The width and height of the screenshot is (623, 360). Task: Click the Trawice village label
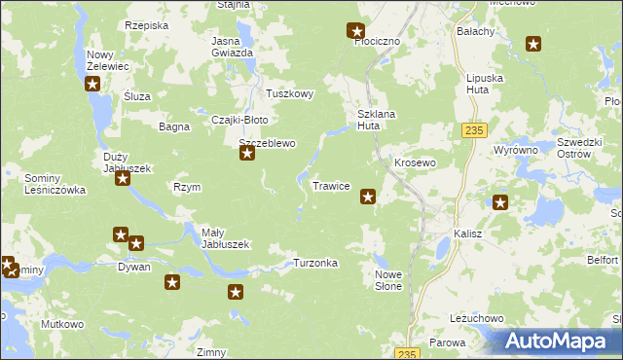pos(331,185)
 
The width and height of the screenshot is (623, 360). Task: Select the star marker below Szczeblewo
pos(247,154)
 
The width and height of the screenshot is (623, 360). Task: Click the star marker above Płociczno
pos(356,31)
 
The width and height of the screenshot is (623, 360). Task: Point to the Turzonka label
pos(315,263)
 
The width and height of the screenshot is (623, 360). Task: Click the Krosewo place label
pos(414,162)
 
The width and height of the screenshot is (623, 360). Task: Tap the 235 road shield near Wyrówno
pos(474,129)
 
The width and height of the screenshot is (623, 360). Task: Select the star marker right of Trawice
pos(368,197)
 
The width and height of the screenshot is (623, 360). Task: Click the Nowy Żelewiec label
pos(107,60)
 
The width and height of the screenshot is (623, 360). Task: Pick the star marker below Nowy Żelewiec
pos(92,84)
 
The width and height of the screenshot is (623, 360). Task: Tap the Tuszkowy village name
pos(290,93)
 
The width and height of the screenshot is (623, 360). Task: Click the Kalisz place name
pos(468,234)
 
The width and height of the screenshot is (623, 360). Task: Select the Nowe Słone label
pos(388,281)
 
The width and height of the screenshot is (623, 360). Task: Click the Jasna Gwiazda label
pos(233,47)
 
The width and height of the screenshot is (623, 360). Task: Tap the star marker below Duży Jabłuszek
pos(123,179)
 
